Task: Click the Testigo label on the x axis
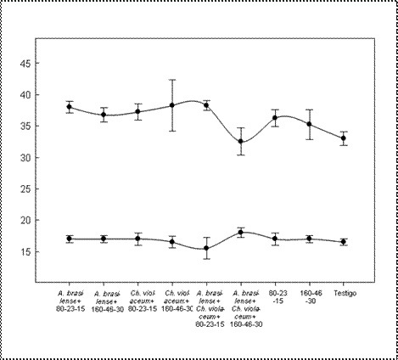[x=343, y=293]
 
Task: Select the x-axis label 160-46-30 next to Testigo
[x=309, y=297]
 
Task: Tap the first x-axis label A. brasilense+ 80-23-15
[x=69, y=301]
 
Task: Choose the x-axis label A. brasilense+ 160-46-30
[x=104, y=301]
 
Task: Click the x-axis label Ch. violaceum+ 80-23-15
[x=137, y=301]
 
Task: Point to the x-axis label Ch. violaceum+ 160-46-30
[x=172, y=301]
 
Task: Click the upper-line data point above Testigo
[x=343, y=138]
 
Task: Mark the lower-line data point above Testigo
[x=343, y=242]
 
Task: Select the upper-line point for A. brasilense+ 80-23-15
[x=70, y=107]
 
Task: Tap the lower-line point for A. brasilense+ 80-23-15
[x=70, y=239]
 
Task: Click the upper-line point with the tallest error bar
[x=172, y=105]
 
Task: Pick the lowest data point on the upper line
[x=241, y=141]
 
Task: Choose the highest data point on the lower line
[x=241, y=232]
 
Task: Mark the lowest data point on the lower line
[x=206, y=248]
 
